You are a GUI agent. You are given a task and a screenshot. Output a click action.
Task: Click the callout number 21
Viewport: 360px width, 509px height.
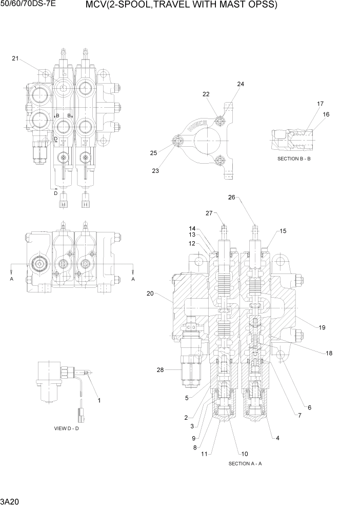pyautogui.click(x=15, y=58)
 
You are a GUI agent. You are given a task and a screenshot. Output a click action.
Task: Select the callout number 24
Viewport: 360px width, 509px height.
pyautogui.click(x=241, y=84)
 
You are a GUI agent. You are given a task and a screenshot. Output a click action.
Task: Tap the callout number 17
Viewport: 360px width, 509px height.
pyautogui.click(x=320, y=104)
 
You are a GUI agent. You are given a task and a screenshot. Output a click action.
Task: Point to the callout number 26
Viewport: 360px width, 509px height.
pyautogui.click(x=231, y=197)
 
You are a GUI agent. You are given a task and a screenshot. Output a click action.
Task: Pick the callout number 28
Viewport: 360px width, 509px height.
pyautogui.click(x=161, y=369)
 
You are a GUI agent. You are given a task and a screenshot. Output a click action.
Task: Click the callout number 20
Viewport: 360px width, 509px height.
pyautogui.click(x=150, y=293)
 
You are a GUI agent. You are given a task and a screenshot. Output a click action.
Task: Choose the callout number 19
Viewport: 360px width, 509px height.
pyautogui.click(x=322, y=327)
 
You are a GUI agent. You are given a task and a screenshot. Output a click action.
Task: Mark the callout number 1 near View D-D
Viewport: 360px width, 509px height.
pyautogui.click(x=99, y=400)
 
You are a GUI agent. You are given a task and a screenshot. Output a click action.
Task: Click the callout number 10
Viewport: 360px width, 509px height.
pyautogui.click(x=245, y=454)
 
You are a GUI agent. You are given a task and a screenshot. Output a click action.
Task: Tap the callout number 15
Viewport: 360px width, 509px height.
pyautogui.click(x=283, y=231)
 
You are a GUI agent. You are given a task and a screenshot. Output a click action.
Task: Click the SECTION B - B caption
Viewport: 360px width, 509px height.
pyautogui.click(x=294, y=159)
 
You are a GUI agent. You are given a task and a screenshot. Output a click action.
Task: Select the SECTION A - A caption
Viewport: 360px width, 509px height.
pyautogui.click(x=245, y=463)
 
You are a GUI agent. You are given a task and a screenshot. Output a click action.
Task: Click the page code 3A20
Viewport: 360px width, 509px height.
pyautogui.click(x=10, y=500)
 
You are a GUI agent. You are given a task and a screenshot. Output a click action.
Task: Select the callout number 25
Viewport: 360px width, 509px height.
pyautogui.click(x=153, y=153)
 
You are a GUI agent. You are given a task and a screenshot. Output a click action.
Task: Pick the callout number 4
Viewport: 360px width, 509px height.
pyautogui.click(x=277, y=438)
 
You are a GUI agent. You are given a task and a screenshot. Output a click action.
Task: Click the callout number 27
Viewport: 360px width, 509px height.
pyautogui.click(x=209, y=213)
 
